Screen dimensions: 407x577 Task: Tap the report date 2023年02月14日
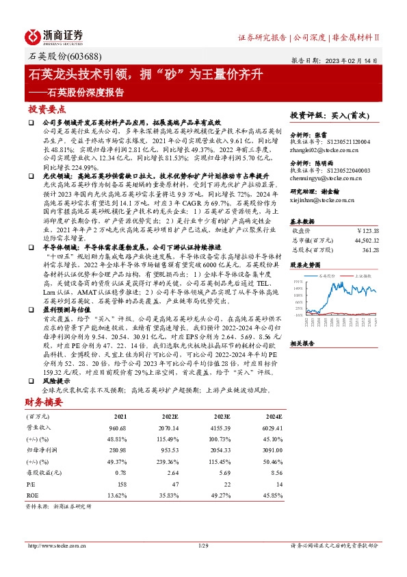tap(358, 60)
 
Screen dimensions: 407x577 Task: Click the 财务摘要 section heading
tap(43, 402)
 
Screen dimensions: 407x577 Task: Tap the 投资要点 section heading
tap(47, 110)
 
